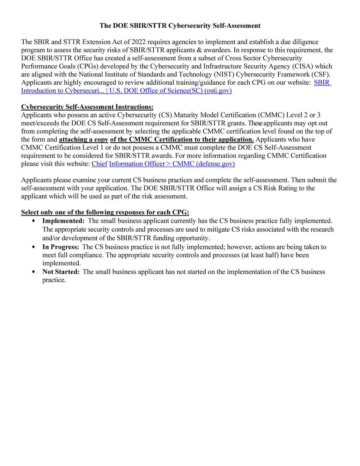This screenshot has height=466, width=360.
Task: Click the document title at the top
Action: pyautogui.click(x=180, y=26)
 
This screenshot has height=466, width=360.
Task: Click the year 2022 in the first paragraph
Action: pyautogui.click(x=139, y=42)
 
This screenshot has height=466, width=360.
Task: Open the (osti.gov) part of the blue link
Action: pyautogui.click(x=218, y=91)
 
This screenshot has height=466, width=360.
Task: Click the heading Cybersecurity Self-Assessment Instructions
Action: pyautogui.click(x=87, y=107)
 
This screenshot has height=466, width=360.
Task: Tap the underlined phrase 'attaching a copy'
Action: pyautogui.click(x=83, y=139)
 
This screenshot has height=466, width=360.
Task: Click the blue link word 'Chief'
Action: pyautogui.click(x=99, y=164)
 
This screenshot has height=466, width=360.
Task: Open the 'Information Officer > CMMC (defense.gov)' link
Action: pyautogui.click(x=172, y=164)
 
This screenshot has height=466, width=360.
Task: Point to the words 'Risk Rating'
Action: pyautogui.click(x=278, y=188)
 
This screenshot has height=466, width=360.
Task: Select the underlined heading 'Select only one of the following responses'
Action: pyautogui.click(x=105, y=213)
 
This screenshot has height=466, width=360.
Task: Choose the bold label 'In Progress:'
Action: pyautogui.click(x=61, y=247)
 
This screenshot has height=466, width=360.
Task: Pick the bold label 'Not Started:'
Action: pyautogui.click(x=61, y=272)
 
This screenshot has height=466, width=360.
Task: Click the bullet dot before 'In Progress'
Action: pyautogui.click(x=34, y=247)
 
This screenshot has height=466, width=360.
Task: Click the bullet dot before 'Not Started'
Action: pyautogui.click(x=34, y=272)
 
